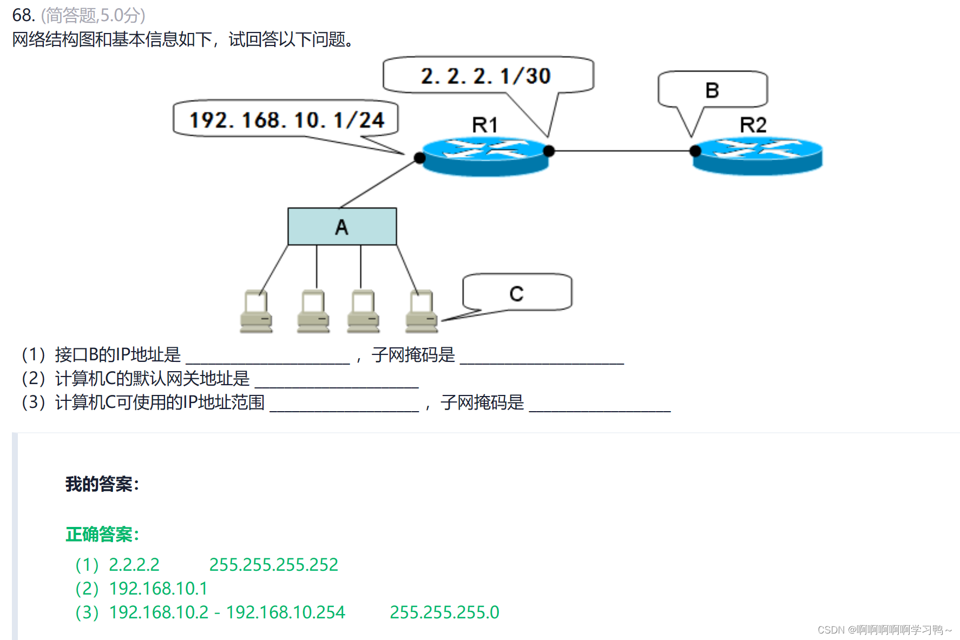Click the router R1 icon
[485, 156]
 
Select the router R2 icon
[758, 156]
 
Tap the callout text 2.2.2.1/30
[485, 76]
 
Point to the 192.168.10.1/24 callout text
[286, 120]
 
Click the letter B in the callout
[712, 90]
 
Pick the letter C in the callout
[516, 294]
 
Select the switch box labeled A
[342, 227]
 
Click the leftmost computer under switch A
[256, 312]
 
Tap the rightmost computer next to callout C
[422, 312]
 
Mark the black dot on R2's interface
[695, 151]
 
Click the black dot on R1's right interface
[549, 151]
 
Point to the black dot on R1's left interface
[419, 158]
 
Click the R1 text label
[484, 126]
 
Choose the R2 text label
[753, 126]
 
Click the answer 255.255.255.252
[273, 565]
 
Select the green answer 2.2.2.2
[134, 565]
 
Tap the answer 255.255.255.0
[444, 612]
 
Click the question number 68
[23, 15]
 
